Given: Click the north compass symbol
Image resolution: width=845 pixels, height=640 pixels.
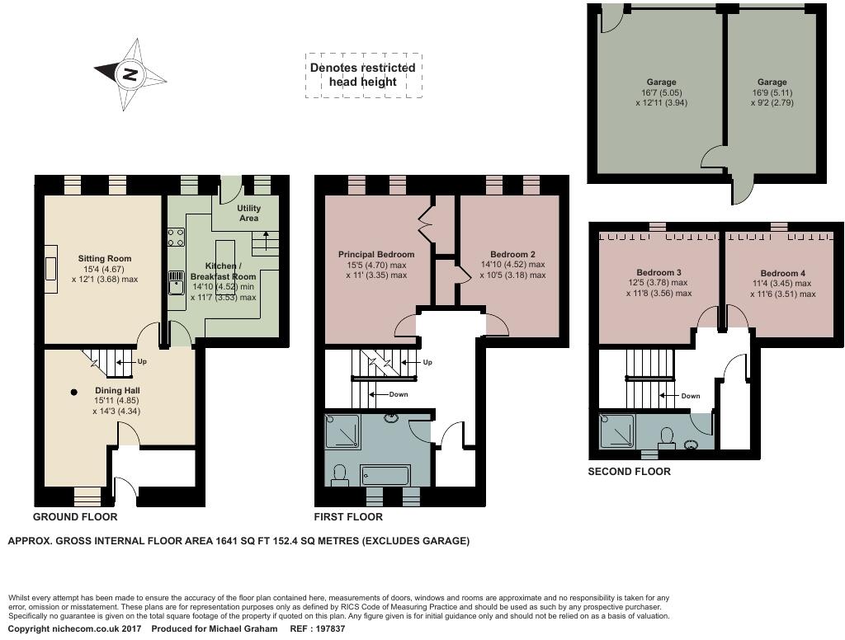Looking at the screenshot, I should click(x=130, y=74).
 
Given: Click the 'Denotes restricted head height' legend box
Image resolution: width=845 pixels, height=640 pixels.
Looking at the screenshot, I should click(x=363, y=75).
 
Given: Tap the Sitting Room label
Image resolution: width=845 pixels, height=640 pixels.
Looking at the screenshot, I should click(x=105, y=258).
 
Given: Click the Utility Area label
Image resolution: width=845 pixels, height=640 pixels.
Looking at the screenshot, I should click(x=248, y=213).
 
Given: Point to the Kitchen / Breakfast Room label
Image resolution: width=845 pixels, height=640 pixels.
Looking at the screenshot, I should click(x=224, y=271).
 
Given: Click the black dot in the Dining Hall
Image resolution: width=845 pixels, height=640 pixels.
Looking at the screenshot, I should click(x=74, y=392).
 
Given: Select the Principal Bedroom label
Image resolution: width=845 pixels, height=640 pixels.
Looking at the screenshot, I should click(x=376, y=254).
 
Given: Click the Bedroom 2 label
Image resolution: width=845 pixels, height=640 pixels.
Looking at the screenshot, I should click(x=512, y=254).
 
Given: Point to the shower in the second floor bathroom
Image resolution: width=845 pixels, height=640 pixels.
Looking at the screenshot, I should click(x=617, y=431).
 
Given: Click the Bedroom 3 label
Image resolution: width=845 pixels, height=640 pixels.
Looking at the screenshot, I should click(x=659, y=272).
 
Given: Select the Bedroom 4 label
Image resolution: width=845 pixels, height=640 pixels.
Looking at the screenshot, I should click(x=783, y=273).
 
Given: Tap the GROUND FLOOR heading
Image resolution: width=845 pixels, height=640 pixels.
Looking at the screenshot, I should click(x=75, y=517).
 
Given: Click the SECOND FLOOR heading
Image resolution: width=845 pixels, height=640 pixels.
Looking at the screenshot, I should click(x=629, y=472).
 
